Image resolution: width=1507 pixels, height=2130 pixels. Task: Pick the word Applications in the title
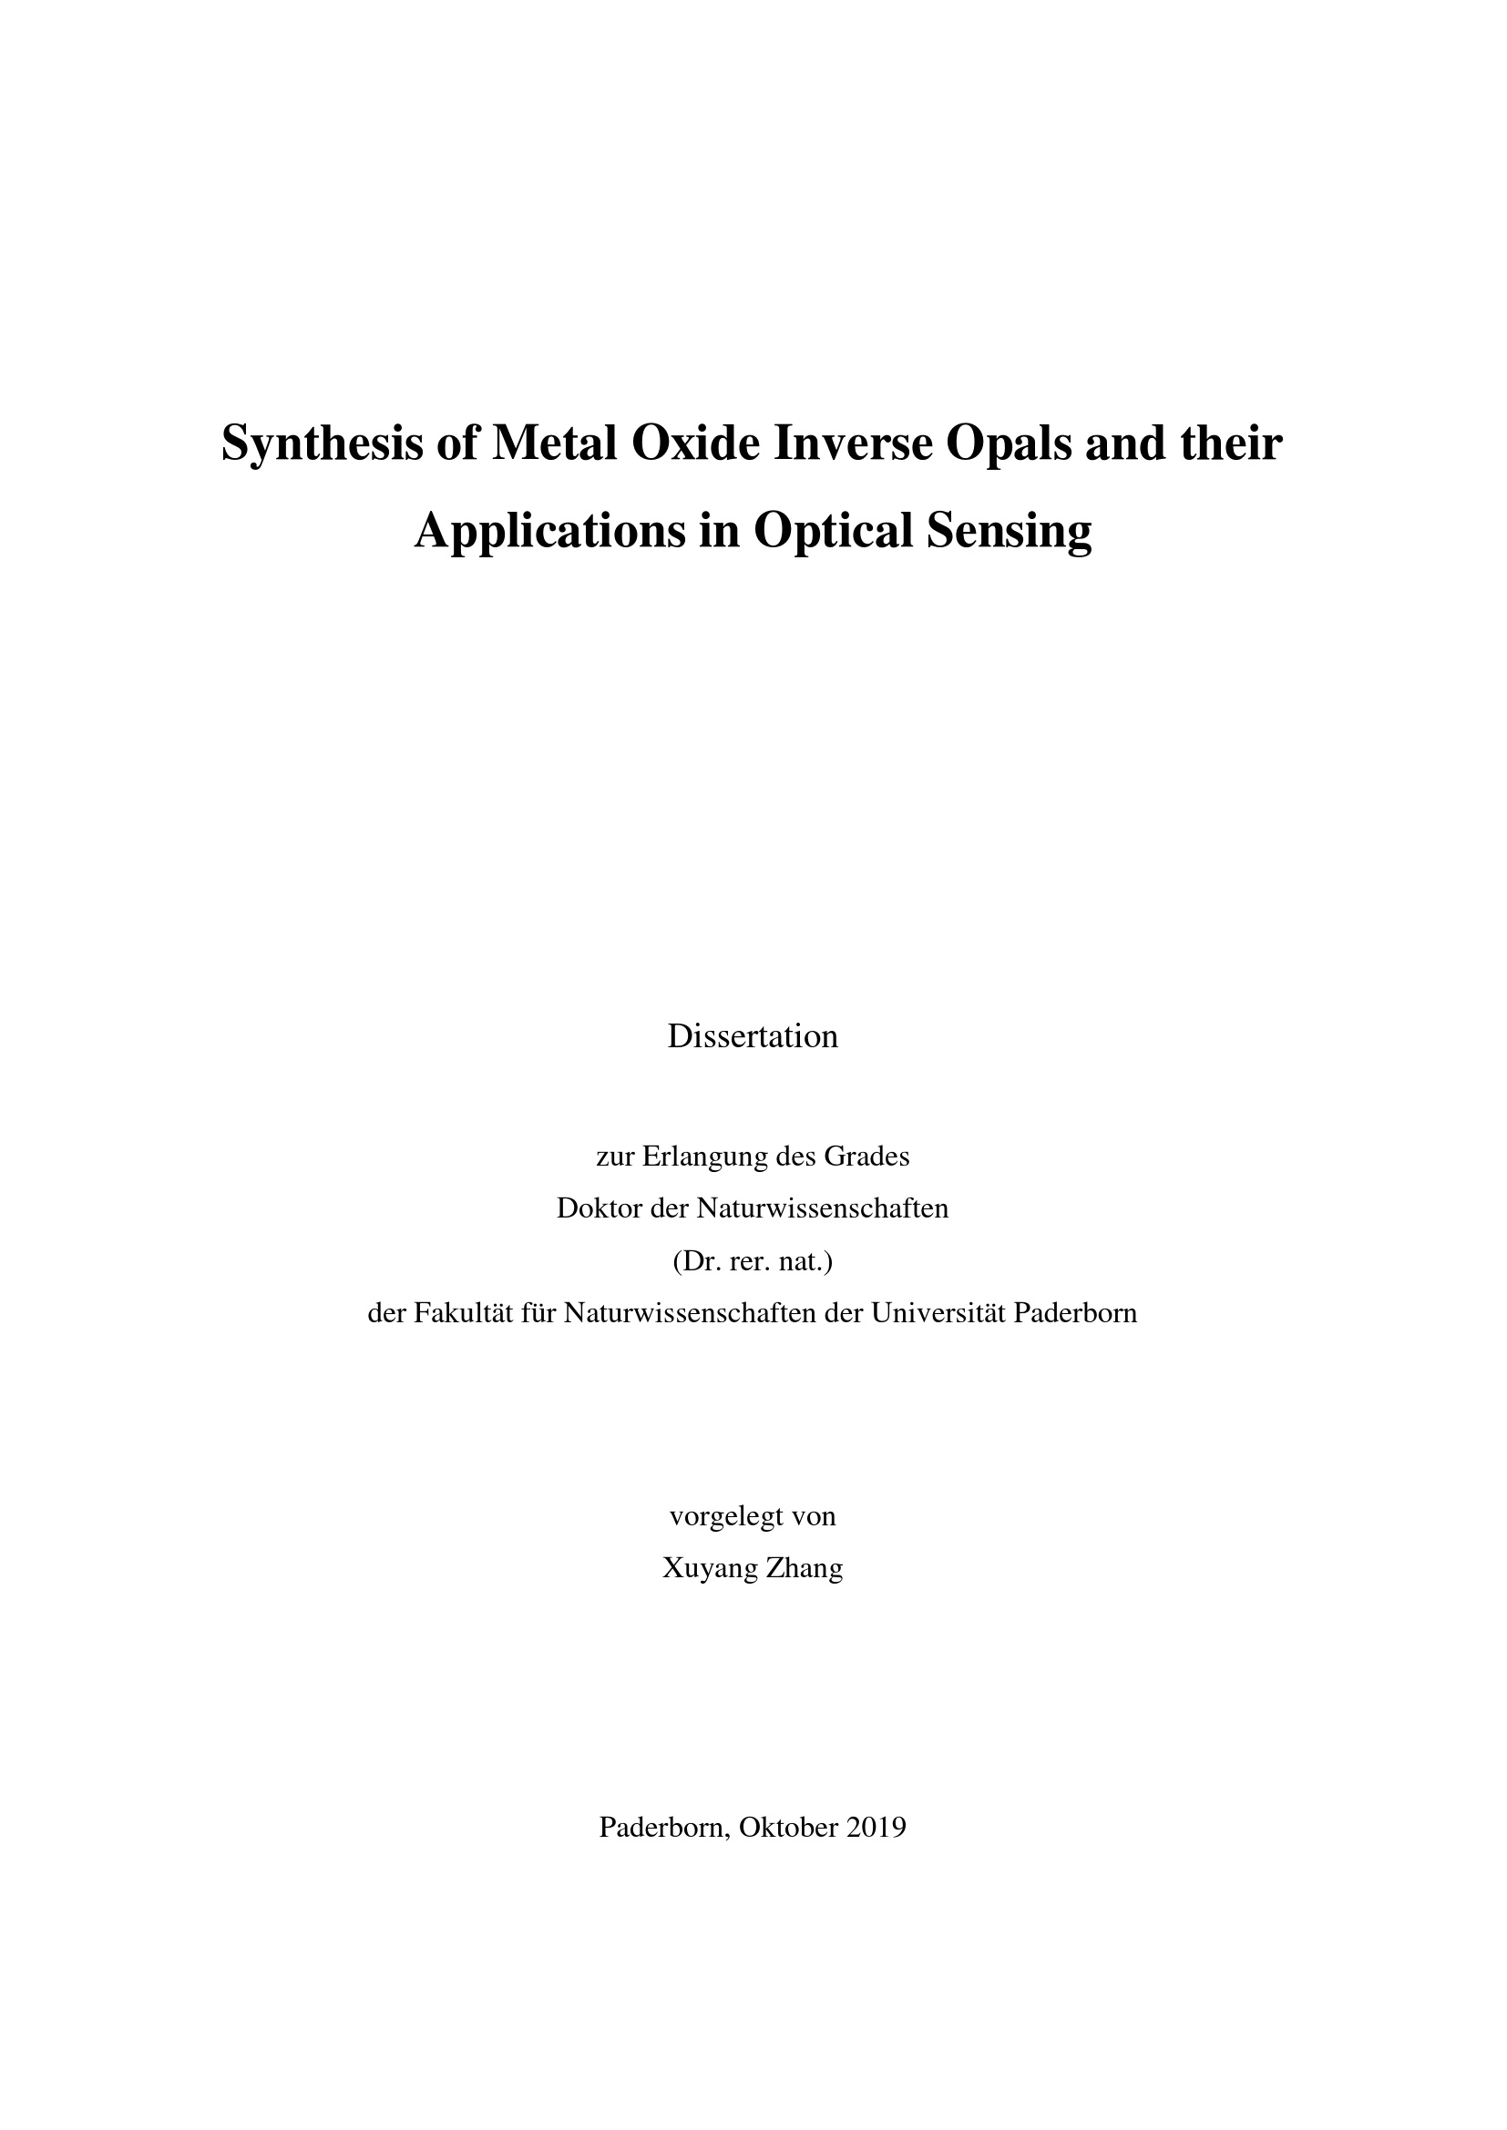[548, 532]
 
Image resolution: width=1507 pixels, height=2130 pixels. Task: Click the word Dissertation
[753, 1036]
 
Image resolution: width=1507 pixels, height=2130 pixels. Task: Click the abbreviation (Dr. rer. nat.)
[753, 1261]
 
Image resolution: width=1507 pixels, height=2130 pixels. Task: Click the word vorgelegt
[722, 1517]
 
